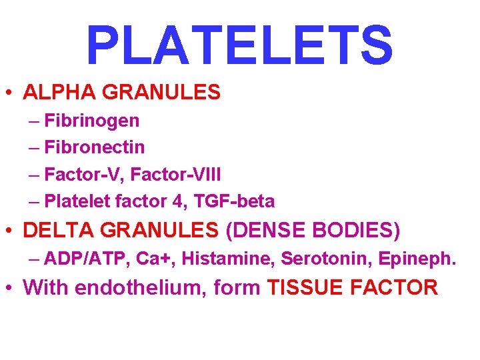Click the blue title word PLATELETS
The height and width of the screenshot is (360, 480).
[x=239, y=45]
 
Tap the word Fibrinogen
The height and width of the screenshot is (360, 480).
[x=92, y=121]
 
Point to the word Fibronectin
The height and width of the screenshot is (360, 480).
[x=95, y=147]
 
